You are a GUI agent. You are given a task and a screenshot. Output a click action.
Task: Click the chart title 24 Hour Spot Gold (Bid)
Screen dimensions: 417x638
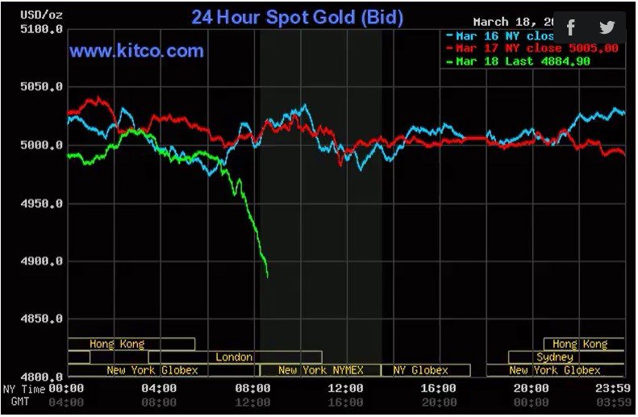tap(297, 17)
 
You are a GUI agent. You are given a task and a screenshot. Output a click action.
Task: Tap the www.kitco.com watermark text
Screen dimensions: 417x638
tap(136, 52)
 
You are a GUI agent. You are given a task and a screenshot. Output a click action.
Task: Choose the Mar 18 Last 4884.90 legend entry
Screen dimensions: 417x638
tap(532, 61)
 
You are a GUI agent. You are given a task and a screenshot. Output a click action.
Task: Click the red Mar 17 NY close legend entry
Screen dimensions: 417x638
tap(532, 48)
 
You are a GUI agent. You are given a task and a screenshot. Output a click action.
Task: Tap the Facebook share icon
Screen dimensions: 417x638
tap(571, 28)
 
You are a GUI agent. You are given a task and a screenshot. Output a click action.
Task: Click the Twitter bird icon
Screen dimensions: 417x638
tap(607, 28)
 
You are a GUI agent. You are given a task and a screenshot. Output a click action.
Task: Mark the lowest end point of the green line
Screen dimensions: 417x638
tap(268, 277)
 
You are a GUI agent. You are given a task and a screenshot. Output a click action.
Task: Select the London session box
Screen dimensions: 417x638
tap(235, 357)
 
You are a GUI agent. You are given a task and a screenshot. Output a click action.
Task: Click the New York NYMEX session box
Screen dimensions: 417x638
tap(320, 370)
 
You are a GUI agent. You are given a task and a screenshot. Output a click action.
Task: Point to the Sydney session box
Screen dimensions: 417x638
tap(555, 357)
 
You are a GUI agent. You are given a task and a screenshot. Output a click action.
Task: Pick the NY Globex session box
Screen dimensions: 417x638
tap(421, 370)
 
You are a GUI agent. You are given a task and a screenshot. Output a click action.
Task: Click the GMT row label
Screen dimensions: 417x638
tap(19, 401)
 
